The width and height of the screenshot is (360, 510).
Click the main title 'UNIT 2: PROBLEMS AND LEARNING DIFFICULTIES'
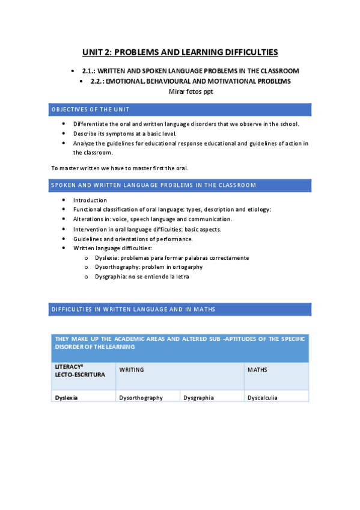180,52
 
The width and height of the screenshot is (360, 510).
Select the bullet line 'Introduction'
90,200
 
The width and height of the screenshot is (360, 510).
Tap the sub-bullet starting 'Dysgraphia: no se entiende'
151,277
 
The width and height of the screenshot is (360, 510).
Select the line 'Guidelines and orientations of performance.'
133,239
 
